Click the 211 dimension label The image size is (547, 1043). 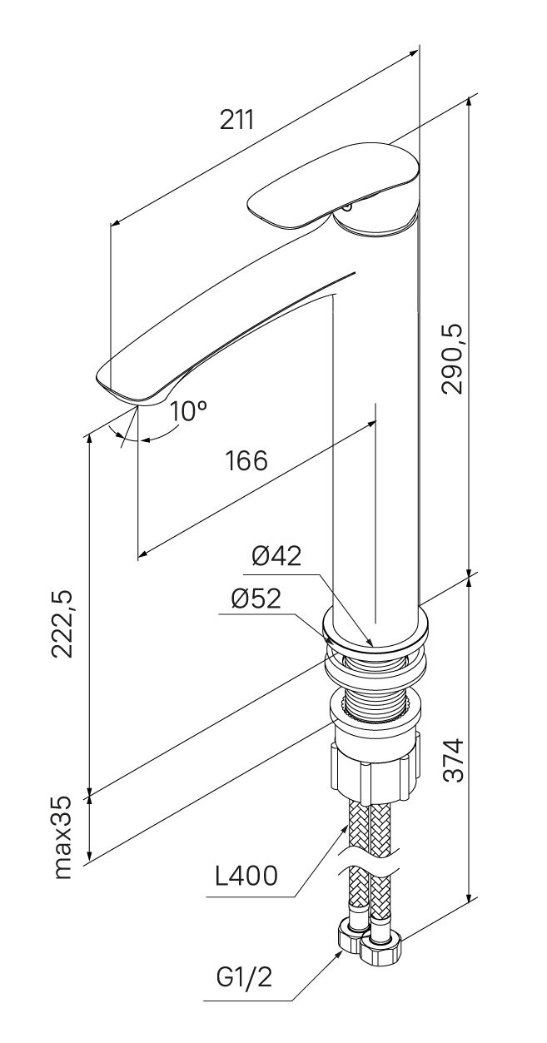(x=237, y=120)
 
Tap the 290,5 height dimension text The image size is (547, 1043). (x=452, y=359)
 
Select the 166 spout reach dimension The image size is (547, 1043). (x=246, y=460)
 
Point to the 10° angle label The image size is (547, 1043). (x=188, y=410)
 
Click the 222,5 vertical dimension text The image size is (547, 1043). (x=62, y=623)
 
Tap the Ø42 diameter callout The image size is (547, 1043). (x=276, y=555)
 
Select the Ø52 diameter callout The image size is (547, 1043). (x=256, y=598)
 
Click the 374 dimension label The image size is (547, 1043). (x=452, y=760)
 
